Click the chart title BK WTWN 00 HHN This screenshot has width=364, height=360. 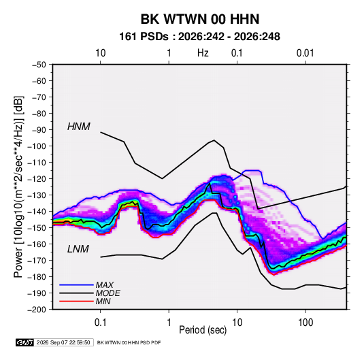(x=200, y=19)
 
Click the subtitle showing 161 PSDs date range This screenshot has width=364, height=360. (x=199, y=37)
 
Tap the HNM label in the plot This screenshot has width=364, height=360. (x=79, y=127)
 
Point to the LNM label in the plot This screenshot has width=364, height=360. (x=78, y=249)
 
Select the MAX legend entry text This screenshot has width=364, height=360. (x=105, y=284)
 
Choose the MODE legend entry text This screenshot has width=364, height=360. (x=107, y=293)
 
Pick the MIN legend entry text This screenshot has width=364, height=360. (x=103, y=301)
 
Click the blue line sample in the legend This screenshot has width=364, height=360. (x=76, y=284)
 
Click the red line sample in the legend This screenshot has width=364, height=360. (x=76, y=301)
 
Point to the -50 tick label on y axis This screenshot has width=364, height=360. (x=39, y=65)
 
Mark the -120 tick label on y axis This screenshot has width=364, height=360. (x=37, y=179)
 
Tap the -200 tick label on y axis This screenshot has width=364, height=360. (x=37, y=310)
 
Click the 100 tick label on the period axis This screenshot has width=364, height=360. (x=305, y=323)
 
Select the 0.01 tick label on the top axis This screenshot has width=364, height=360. (x=305, y=53)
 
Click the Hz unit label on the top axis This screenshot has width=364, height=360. (x=203, y=53)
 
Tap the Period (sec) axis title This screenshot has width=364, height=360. (x=203, y=330)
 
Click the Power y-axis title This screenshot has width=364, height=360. (x=18, y=186)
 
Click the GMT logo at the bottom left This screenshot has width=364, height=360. (x=25, y=342)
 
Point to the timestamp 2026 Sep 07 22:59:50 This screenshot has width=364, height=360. (x=63, y=342)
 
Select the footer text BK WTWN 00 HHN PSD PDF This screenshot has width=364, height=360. (x=129, y=342)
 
